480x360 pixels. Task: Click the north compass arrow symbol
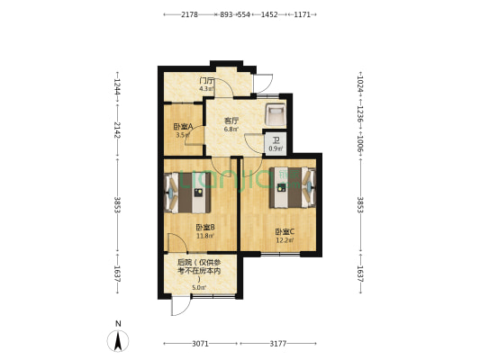click(116, 340)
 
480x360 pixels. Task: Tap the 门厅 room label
click(206, 81)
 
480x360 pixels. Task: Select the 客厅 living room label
click(231, 120)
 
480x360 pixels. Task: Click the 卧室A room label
click(183, 127)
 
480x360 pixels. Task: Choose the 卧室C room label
click(284, 231)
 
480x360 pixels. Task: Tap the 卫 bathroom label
click(275, 139)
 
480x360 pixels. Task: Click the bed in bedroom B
click(190, 190)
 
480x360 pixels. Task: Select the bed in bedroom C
click(291, 187)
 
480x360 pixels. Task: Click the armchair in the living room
click(276, 114)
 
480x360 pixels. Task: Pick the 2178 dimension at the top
click(189, 15)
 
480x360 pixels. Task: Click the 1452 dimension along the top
click(268, 15)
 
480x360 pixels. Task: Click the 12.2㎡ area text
click(284, 239)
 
